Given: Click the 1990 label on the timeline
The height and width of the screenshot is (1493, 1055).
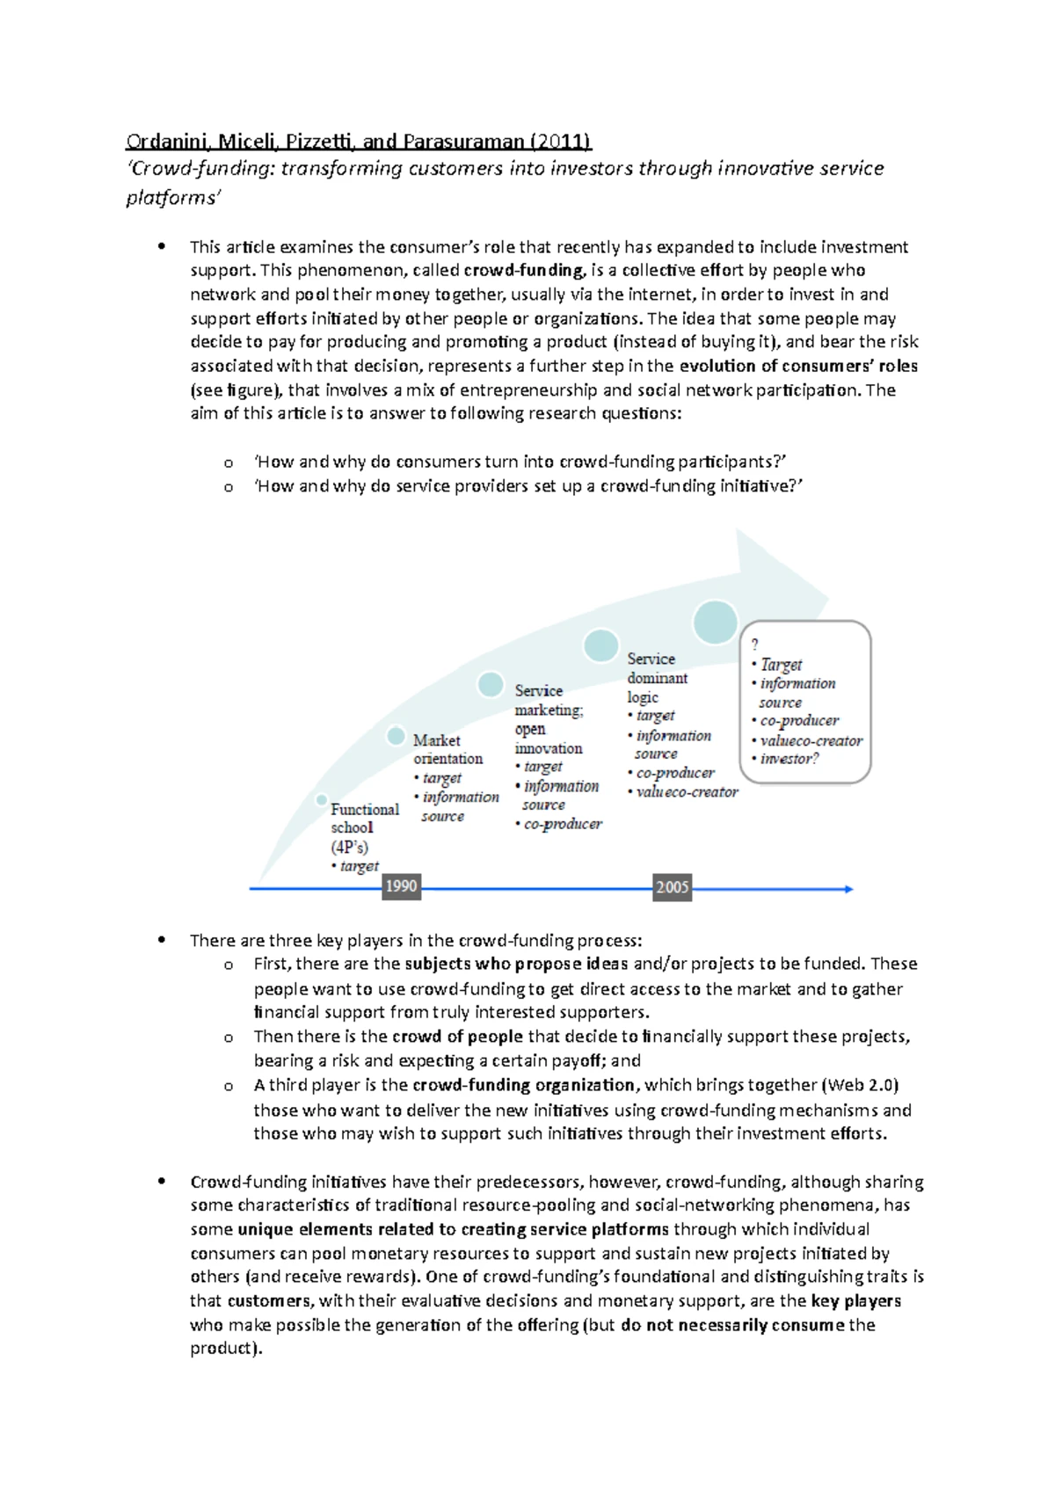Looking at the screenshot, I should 401,886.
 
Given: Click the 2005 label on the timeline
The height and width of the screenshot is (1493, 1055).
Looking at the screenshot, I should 672,887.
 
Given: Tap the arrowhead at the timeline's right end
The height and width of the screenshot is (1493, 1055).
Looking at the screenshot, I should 848,889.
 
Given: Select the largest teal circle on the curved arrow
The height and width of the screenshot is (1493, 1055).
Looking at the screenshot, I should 715,622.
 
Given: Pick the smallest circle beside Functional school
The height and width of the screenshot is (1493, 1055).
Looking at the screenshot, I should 322,800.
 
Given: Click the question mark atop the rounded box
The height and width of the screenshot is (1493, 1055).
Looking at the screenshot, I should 754,645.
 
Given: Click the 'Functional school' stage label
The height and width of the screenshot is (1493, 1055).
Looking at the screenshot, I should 364,818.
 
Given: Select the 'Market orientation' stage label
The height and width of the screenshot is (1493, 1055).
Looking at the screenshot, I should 447,749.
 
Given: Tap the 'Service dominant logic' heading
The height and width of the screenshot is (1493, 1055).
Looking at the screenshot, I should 656,678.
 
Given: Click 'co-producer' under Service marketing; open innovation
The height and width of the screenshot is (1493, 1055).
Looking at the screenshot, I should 563,824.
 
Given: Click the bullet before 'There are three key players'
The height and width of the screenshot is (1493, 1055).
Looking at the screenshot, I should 161,940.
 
